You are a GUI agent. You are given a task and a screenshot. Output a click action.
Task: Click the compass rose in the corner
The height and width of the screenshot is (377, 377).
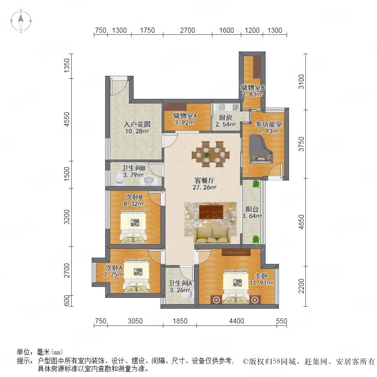[21, 21]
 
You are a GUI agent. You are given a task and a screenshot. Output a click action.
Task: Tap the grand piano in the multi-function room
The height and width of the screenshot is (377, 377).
[261, 149]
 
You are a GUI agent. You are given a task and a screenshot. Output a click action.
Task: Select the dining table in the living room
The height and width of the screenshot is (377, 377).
[211, 154]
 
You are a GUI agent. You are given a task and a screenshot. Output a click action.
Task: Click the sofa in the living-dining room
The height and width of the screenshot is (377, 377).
[212, 235]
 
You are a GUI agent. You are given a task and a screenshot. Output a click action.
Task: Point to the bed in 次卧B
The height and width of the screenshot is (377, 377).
[133, 226]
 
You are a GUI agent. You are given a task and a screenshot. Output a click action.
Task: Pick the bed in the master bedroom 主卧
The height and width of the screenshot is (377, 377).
[235, 287]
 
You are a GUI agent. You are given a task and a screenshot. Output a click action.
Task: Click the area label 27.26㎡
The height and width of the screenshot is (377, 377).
[204, 187]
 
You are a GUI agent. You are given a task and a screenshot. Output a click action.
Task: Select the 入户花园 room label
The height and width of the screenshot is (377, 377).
[137, 124]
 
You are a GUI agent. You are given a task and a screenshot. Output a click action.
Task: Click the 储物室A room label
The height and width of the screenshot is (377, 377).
[185, 116]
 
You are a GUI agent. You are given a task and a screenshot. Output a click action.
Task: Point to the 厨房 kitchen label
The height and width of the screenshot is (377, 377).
[225, 118]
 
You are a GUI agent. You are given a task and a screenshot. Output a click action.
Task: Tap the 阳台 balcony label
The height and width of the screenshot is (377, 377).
[252, 209]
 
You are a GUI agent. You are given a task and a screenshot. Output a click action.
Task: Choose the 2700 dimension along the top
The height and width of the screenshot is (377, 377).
[188, 30]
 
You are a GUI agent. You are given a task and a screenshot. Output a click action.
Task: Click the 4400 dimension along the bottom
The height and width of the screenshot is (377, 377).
[237, 321]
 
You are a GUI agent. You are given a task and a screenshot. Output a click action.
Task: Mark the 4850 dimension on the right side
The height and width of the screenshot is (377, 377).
[301, 222]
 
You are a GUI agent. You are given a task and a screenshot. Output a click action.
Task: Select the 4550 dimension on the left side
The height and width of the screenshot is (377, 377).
[67, 119]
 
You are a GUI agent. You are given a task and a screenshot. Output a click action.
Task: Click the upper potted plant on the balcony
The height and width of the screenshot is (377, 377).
[256, 184]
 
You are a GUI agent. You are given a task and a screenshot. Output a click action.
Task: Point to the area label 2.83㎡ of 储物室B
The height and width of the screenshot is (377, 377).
[252, 95]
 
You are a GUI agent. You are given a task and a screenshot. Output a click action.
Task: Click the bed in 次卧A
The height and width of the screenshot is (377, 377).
[136, 276]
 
